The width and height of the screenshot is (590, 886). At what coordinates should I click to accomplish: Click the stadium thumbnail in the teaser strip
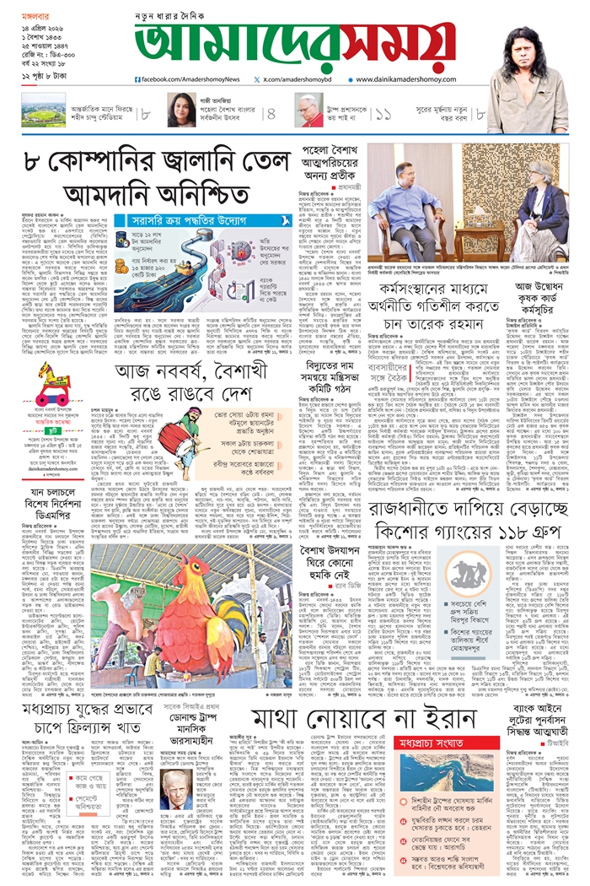[x=44, y=112]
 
